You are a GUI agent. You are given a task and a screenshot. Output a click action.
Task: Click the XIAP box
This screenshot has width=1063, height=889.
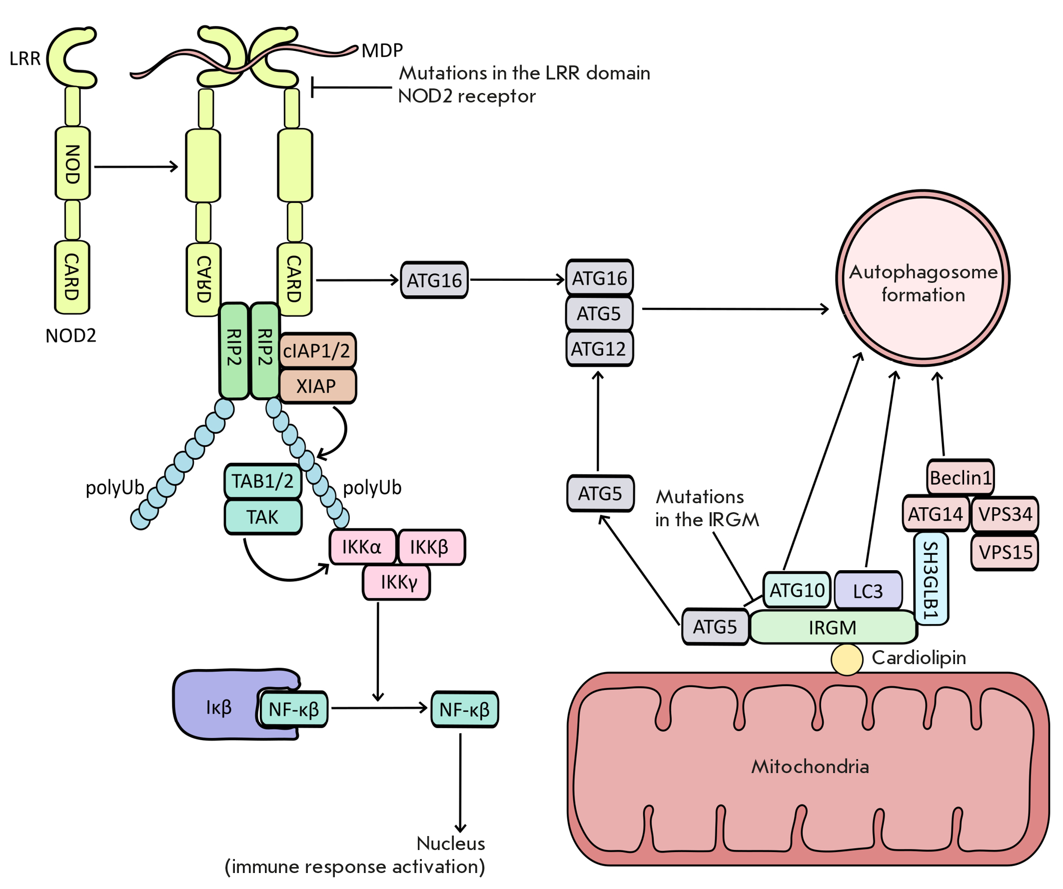coord(317,386)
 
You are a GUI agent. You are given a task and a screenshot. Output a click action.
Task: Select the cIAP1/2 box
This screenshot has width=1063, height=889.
coord(317,350)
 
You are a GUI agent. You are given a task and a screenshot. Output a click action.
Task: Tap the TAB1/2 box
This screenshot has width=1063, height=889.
coord(263,481)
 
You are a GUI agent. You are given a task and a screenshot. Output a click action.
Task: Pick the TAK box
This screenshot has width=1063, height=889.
coord(263,517)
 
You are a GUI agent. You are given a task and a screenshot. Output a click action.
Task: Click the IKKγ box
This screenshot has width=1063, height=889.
coord(397,582)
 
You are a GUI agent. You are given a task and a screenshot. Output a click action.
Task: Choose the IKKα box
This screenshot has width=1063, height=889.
coord(362,547)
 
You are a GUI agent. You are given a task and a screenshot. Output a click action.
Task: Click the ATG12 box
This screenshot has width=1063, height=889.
coord(599,349)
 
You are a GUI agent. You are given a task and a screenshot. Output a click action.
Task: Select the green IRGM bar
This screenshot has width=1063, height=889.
coord(833,627)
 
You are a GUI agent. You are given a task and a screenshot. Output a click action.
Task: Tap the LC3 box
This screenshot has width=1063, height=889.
coord(868,591)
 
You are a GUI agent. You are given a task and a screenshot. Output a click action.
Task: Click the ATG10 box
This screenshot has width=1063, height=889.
coord(797,590)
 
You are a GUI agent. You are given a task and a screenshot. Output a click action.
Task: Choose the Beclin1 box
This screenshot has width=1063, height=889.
coord(960,477)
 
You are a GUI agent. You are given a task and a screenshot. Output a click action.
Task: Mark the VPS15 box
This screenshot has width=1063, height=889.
coord(1005,552)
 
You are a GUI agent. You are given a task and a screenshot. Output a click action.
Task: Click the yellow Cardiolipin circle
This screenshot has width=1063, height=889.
coord(847,659)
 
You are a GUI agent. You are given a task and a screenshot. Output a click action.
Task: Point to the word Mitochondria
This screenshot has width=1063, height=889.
coord(810,767)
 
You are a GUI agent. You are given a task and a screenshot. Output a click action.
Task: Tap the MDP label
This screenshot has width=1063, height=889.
coord(382,50)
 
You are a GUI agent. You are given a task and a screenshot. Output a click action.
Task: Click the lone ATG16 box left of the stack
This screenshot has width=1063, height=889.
coord(434,280)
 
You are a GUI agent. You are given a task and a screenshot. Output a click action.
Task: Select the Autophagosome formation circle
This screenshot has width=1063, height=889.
coord(923,278)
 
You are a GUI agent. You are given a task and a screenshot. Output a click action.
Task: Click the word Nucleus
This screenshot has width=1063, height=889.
coord(450,844)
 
